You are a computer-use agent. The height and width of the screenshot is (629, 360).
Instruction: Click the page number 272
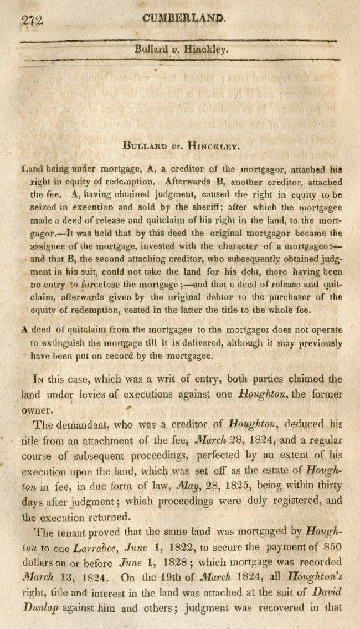pos(32,20)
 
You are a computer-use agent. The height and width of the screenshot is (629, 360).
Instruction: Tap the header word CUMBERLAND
pos(184,18)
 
